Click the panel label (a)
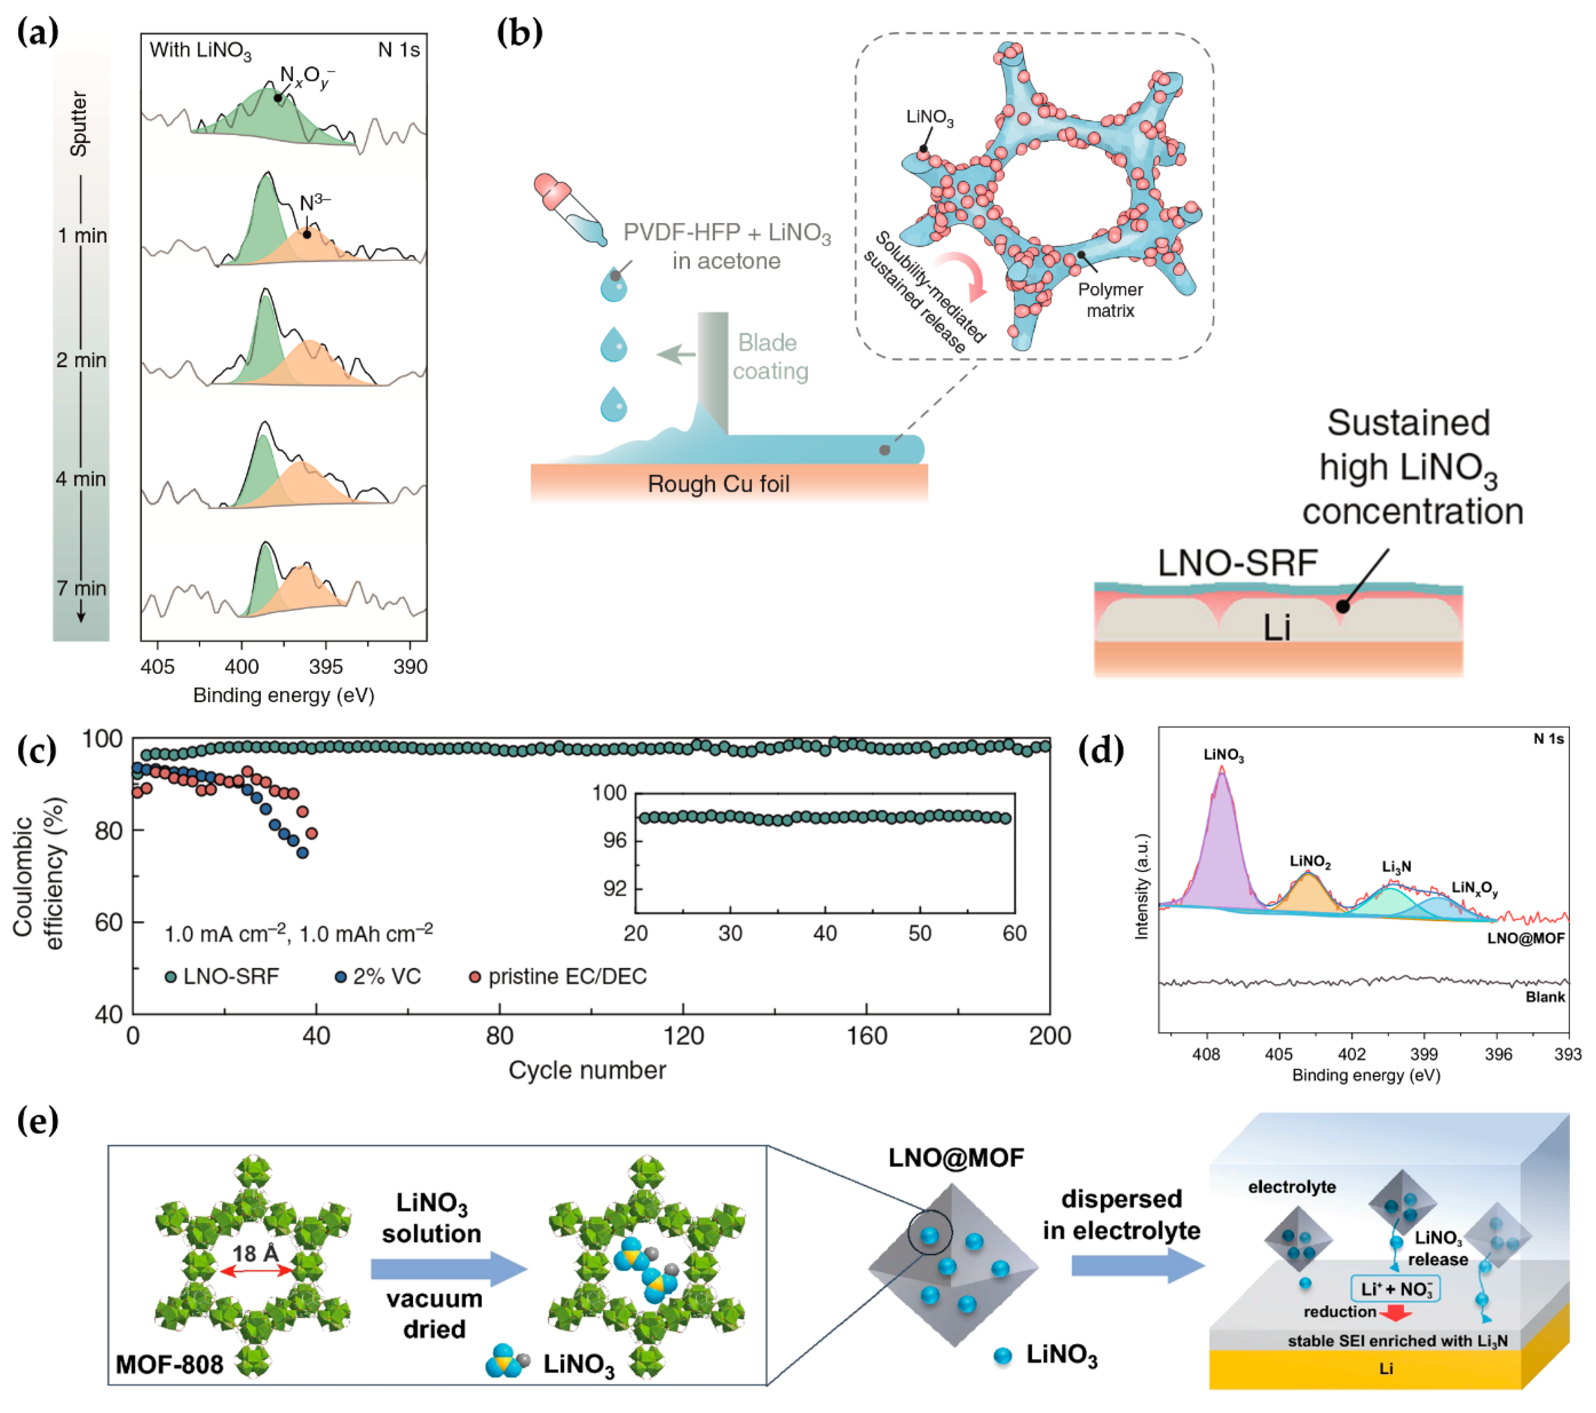click(37, 33)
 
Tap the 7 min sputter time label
click(81, 588)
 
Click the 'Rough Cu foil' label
click(718, 484)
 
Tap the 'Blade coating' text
click(769, 357)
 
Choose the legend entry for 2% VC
click(378, 976)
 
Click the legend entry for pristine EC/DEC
click(558, 976)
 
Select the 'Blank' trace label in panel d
click(1544, 997)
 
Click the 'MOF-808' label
click(170, 1365)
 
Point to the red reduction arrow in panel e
click(1395, 1314)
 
